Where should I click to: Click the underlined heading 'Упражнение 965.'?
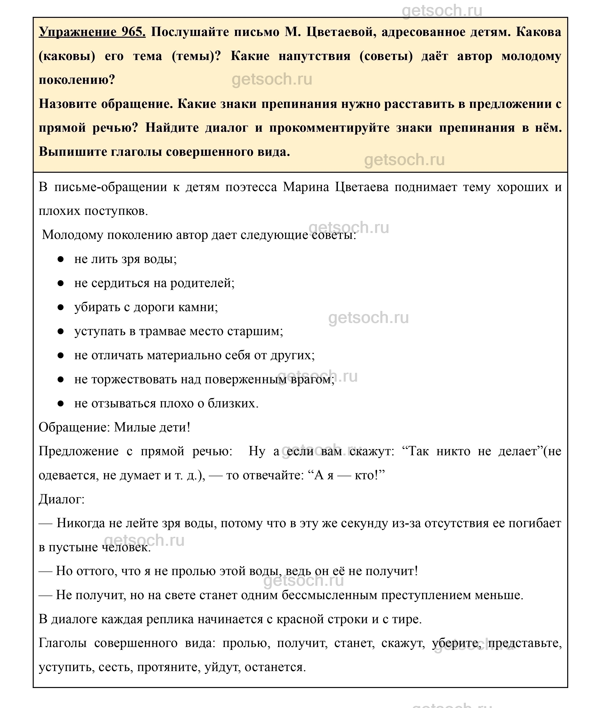click(x=92, y=32)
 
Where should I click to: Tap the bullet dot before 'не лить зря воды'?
click(x=61, y=259)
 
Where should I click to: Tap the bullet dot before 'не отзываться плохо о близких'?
click(x=61, y=403)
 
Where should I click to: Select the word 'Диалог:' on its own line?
click(x=62, y=499)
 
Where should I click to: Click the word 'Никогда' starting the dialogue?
click(x=81, y=523)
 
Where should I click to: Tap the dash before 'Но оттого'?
click(x=45, y=571)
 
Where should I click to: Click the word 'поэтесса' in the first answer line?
click(x=251, y=187)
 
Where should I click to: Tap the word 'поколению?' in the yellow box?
click(x=77, y=80)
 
